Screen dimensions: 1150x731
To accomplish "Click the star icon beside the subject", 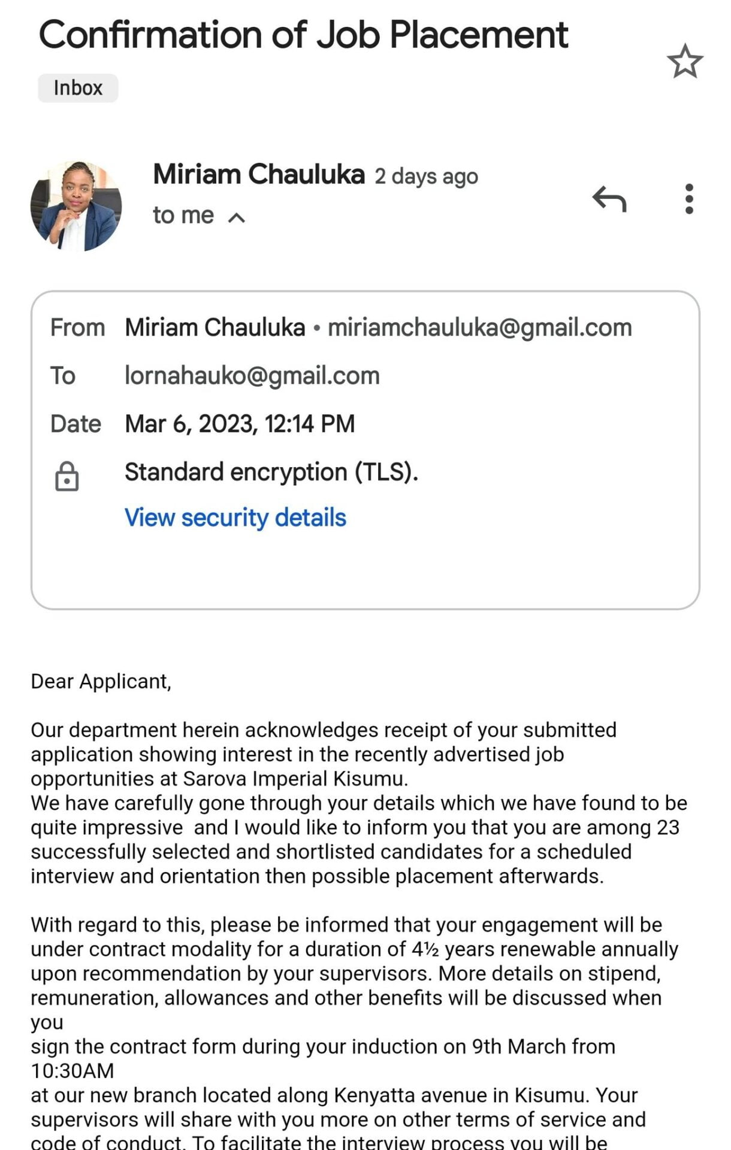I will [685, 61].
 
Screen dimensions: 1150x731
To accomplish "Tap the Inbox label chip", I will [78, 88].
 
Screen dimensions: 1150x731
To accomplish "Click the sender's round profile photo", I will [76, 205].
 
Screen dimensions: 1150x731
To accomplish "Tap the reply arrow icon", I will [609, 199].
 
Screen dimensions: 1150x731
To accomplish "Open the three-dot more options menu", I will [689, 199].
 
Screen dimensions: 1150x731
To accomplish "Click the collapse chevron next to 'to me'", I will [237, 217].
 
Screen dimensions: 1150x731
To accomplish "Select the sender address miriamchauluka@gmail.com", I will [479, 328].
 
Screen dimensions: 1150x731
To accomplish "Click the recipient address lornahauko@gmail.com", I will [252, 376].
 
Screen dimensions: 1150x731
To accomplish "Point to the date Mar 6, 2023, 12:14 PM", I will [240, 423].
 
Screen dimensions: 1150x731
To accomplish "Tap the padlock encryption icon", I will [67, 477].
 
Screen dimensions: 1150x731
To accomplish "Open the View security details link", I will [235, 517].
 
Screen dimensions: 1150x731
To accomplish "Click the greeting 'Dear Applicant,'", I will [101, 682].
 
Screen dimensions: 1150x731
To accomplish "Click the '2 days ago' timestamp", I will [426, 177].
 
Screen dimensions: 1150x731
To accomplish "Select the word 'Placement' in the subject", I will [478, 35].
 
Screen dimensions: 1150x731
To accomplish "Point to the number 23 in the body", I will [667, 827].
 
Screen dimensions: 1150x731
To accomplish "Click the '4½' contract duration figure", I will [425, 949].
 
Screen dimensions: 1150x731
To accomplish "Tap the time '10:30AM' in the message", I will [72, 1070].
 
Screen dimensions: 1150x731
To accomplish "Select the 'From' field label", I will [77, 328].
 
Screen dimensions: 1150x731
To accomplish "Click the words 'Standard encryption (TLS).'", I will [271, 472].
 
